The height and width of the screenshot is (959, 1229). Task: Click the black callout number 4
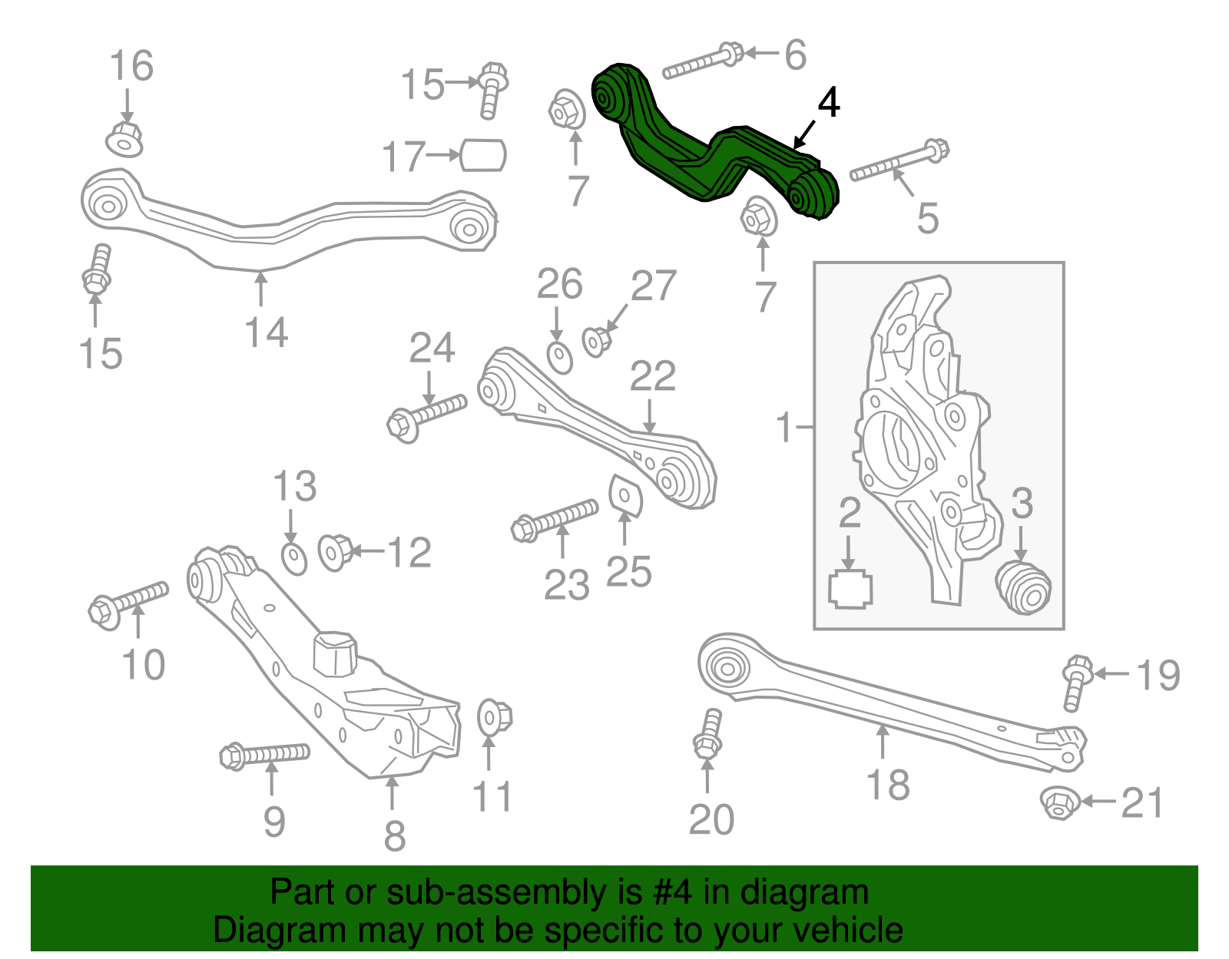pyautogui.click(x=828, y=103)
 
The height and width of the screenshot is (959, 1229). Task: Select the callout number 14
pyautogui.click(x=266, y=333)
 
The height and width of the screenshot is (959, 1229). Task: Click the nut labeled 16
pyautogui.click(x=124, y=139)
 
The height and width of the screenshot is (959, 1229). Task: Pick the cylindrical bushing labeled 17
pyautogui.click(x=483, y=155)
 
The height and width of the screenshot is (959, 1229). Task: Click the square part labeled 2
pyautogui.click(x=850, y=590)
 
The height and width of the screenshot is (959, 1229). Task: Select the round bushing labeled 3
pyautogui.click(x=1023, y=587)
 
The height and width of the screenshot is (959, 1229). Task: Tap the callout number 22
pyautogui.click(x=652, y=376)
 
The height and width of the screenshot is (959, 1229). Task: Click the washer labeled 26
pyautogui.click(x=560, y=357)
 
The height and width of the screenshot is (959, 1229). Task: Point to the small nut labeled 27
pyautogui.click(x=595, y=341)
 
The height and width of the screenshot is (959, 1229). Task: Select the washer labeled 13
pyautogui.click(x=294, y=558)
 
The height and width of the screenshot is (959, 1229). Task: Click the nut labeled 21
pyautogui.click(x=1058, y=803)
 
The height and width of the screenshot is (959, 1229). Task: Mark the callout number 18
pyautogui.click(x=887, y=785)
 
